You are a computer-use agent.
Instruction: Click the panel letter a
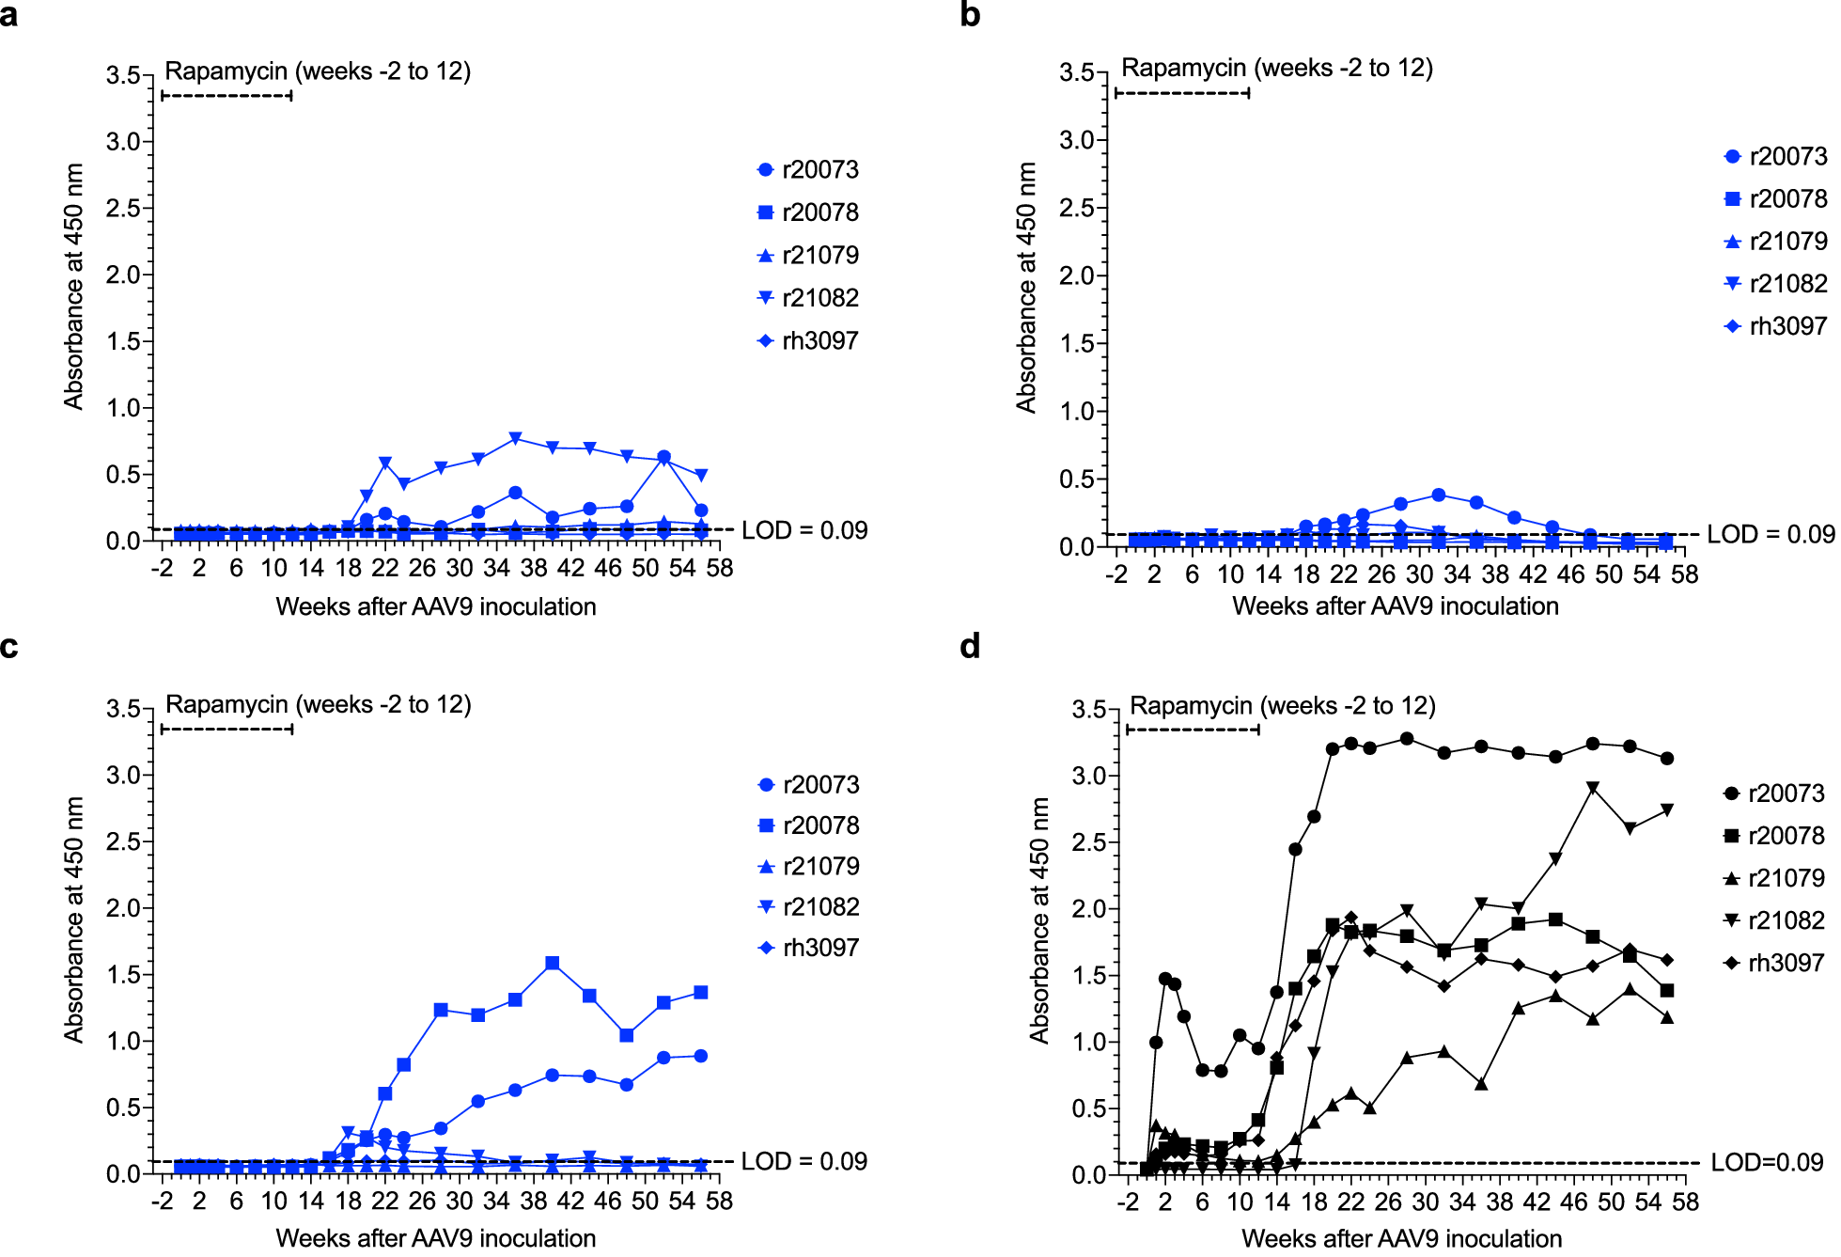point(9,15)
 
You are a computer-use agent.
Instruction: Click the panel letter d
point(970,647)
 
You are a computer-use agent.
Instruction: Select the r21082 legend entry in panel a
point(808,298)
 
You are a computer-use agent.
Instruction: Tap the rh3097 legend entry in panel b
point(1776,326)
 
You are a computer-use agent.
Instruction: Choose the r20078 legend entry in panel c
point(808,825)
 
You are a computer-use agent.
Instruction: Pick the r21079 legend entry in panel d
point(1774,878)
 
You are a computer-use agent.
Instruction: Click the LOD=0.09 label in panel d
point(1767,1163)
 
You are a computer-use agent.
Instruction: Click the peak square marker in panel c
point(552,964)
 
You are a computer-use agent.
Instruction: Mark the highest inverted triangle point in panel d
point(1592,788)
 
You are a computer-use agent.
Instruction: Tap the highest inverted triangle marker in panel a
point(515,439)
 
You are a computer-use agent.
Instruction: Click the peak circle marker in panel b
point(1438,495)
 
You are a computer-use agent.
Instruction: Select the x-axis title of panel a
point(436,606)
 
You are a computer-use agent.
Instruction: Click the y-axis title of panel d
point(1038,920)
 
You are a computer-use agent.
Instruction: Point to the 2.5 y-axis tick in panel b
point(1077,208)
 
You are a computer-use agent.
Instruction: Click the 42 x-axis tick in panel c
point(570,1201)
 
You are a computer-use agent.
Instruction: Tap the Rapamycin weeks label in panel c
point(319,704)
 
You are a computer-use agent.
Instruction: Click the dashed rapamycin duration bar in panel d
point(1192,730)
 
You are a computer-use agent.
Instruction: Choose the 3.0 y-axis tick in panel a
point(123,142)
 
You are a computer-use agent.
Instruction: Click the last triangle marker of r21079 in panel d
point(1666,1017)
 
